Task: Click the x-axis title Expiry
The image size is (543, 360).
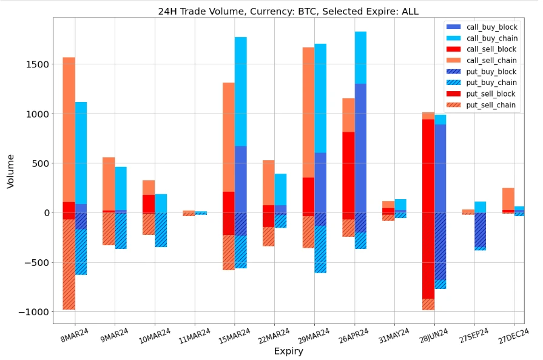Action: [288, 351]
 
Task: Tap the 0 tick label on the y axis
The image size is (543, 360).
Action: [45, 213]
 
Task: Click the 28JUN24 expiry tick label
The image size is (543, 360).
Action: [433, 334]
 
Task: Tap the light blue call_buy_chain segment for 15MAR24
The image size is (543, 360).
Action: [240, 91]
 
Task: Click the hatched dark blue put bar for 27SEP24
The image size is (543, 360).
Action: [480, 231]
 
